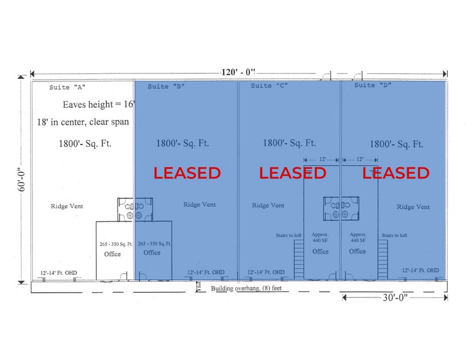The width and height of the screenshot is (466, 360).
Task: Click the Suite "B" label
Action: (x=166, y=86)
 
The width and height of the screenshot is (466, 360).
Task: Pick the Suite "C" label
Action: (x=269, y=86)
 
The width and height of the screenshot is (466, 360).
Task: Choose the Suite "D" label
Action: (x=372, y=85)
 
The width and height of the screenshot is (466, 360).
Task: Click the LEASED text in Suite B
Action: (x=187, y=173)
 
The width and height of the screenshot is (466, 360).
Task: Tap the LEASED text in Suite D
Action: (x=396, y=173)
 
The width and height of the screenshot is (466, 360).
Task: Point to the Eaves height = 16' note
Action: (x=99, y=105)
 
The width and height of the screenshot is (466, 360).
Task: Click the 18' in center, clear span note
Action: (x=83, y=122)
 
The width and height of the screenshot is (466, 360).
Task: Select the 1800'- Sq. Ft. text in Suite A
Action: (x=85, y=144)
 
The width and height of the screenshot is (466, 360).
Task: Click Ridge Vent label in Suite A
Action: (x=67, y=206)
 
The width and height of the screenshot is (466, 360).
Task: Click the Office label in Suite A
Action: (x=113, y=253)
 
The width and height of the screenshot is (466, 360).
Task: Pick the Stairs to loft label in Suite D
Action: (x=396, y=234)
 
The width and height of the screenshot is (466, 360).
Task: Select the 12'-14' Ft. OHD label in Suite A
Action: (x=59, y=272)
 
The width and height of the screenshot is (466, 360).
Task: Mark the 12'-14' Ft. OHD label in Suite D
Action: (x=420, y=270)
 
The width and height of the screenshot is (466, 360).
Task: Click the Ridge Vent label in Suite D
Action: (x=413, y=207)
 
